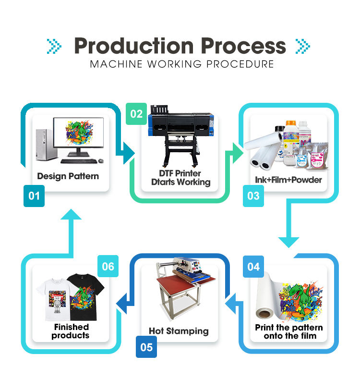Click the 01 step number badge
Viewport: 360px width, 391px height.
point(34,196)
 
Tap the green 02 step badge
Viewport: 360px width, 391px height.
point(137,114)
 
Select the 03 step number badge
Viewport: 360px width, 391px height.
point(253,196)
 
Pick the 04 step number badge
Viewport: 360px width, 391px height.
point(253,266)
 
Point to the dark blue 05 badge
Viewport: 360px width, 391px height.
point(146,347)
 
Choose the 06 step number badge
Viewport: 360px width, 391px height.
point(108,266)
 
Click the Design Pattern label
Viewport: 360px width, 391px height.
point(68,176)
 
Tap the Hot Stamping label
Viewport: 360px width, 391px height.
point(179,331)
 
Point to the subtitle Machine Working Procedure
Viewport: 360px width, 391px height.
point(182,64)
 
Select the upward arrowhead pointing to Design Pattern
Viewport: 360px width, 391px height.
point(72,219)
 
